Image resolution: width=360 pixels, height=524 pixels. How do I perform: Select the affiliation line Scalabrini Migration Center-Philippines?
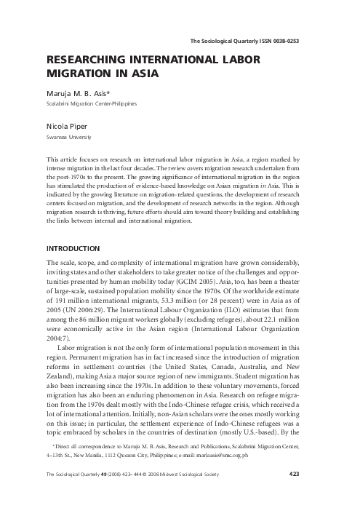click(91, 103)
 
